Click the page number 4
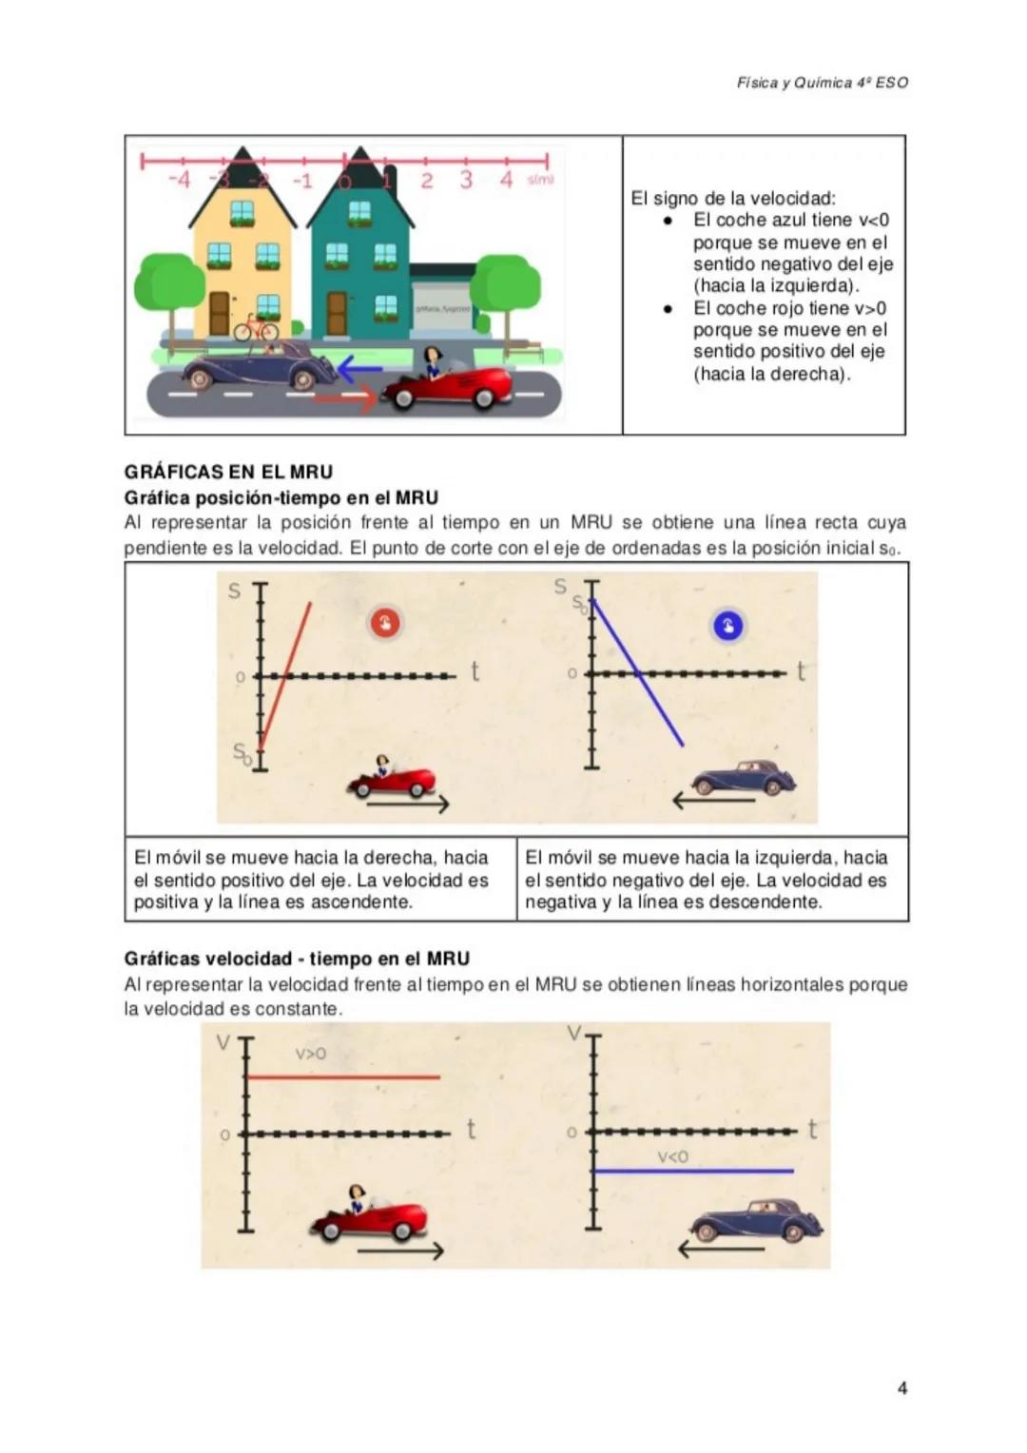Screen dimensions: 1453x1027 [901, 1387]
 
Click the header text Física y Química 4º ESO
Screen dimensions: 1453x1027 [822, 83]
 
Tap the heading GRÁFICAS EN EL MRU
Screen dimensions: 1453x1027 [228, 472]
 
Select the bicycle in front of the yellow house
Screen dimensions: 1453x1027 [255, 329]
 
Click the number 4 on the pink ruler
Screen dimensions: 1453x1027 [507, 180]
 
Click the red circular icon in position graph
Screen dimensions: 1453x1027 [384, 624]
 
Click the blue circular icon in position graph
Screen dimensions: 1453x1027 [727, 626]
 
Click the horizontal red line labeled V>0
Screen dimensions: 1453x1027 [342, 1077]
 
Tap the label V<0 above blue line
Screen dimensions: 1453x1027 [672, 1156]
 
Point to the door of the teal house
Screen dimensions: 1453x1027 [337, 312]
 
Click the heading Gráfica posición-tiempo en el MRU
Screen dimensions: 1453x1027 [281, 497]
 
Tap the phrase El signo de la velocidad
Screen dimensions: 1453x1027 [732, 199]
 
